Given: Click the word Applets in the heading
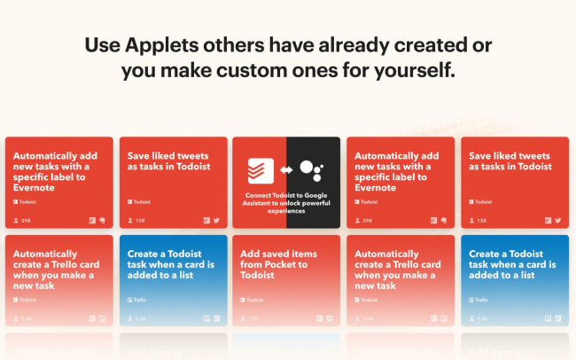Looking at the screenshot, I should (164, 45).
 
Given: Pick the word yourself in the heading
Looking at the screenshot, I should (413, 70).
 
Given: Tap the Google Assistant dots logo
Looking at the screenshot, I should (310, 168).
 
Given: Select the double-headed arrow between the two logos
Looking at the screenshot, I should (286, 169).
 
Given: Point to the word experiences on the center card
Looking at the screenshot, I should (286, 211).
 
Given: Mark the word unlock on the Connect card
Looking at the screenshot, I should (280, 203).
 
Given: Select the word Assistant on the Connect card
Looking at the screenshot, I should (264, 203).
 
